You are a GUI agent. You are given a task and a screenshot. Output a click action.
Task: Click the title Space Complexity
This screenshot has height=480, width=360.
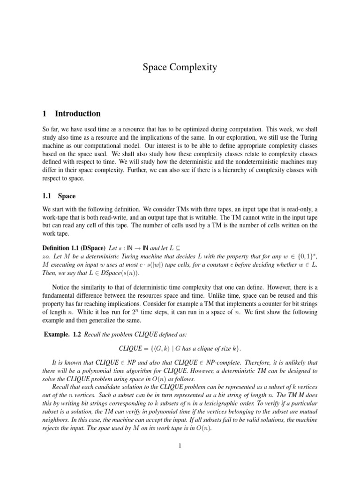(180, 67)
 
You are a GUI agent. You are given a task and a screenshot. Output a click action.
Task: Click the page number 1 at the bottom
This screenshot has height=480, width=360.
(180, 446)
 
